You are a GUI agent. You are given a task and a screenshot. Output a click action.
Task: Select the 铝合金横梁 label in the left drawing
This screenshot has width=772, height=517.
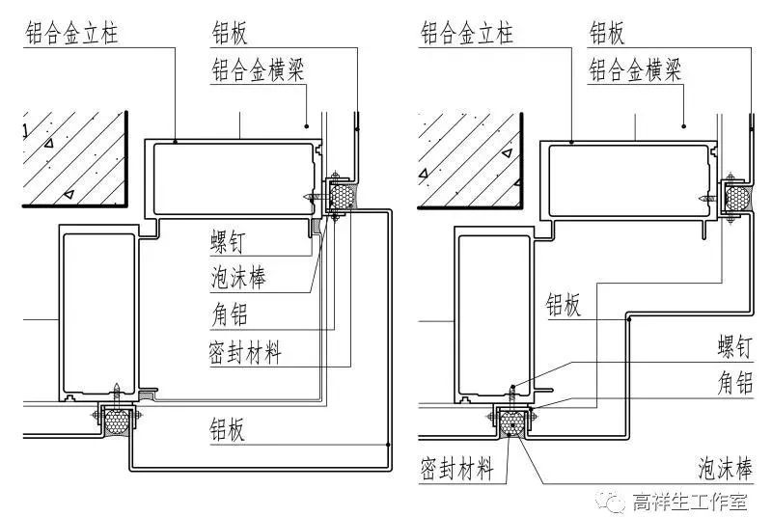point(259,69)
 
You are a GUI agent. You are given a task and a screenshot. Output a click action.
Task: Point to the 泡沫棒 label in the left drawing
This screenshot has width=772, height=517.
point(238,279)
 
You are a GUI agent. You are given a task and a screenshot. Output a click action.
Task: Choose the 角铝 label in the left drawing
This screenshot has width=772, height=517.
point(232,316)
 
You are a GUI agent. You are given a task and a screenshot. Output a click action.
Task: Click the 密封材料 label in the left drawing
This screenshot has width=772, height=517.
point(246,353)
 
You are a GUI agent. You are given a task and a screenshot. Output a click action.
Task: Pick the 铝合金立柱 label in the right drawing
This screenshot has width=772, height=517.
point(468,35)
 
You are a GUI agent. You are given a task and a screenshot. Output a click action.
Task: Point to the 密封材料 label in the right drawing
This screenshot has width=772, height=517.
point(457,470)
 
